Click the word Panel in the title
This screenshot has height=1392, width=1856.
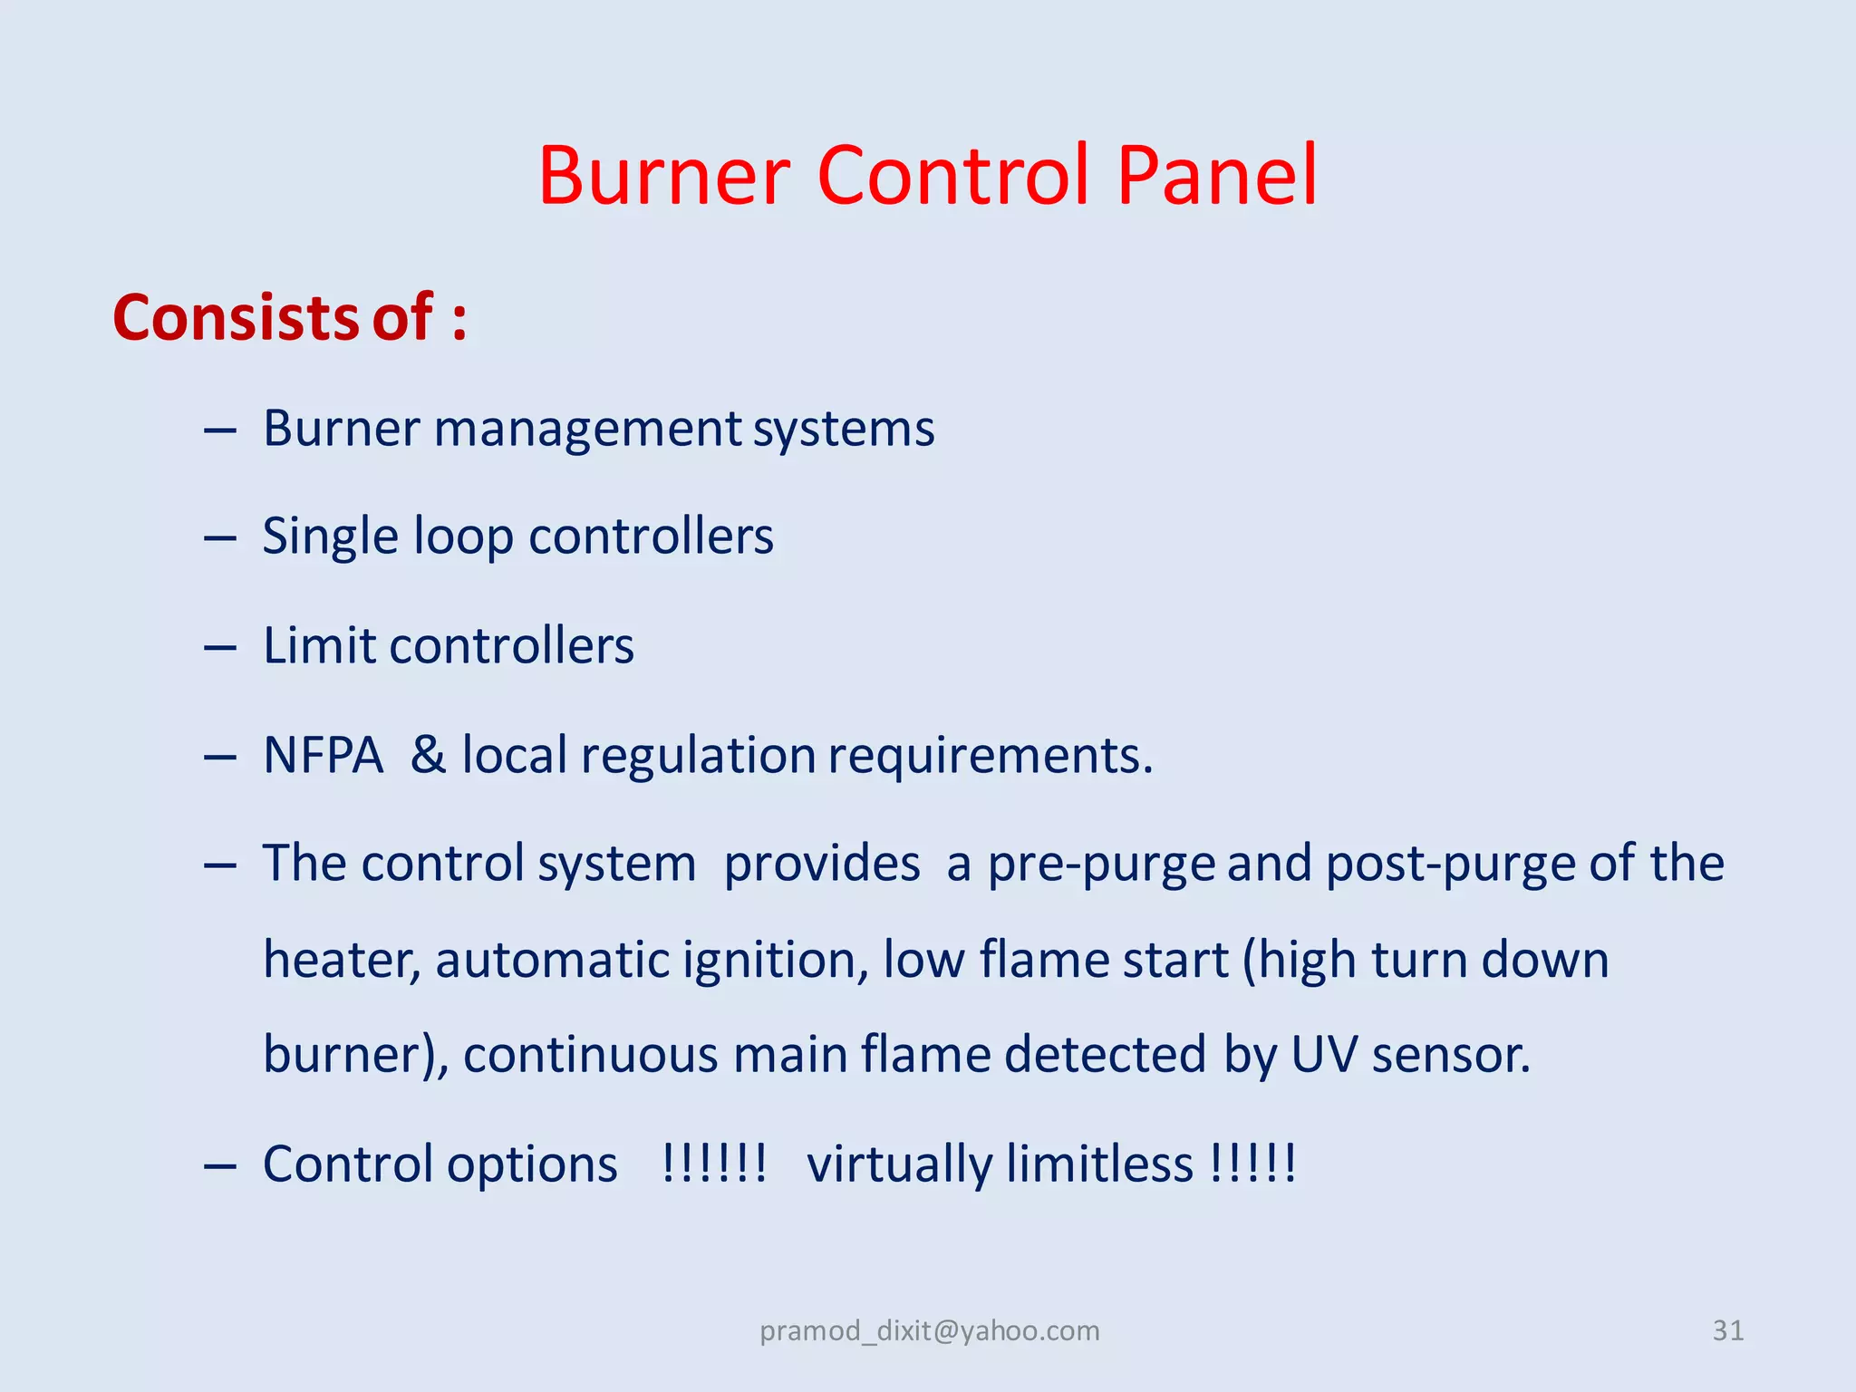pyautogui.click(x=1217, y=175)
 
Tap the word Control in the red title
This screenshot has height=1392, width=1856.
pyautogui.click(x=952, y=175)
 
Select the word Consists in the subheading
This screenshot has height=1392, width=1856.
pyautogui.click(x=236, y=318)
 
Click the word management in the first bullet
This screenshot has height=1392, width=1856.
pyautogui.click(x=587, y=429)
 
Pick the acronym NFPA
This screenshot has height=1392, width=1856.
pyautogui.click(x=324, y=755)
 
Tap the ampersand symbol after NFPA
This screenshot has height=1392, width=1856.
pyautogui.click(x=429, y=755)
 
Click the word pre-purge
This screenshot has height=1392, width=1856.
pyautogui.click(x=1100, y=864)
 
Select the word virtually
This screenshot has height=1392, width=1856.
pyautogui.click(x=899, y=1165)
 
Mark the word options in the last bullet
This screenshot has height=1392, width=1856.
pyautogui.click(x=532, y=1165)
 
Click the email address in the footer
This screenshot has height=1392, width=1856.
pyautogui.click(x=930, y=1330)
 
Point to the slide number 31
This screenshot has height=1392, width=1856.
pyautogui.click(x=1727, y=1330)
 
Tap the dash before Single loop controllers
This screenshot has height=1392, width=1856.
pyautogui.click(x=220, y=539)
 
